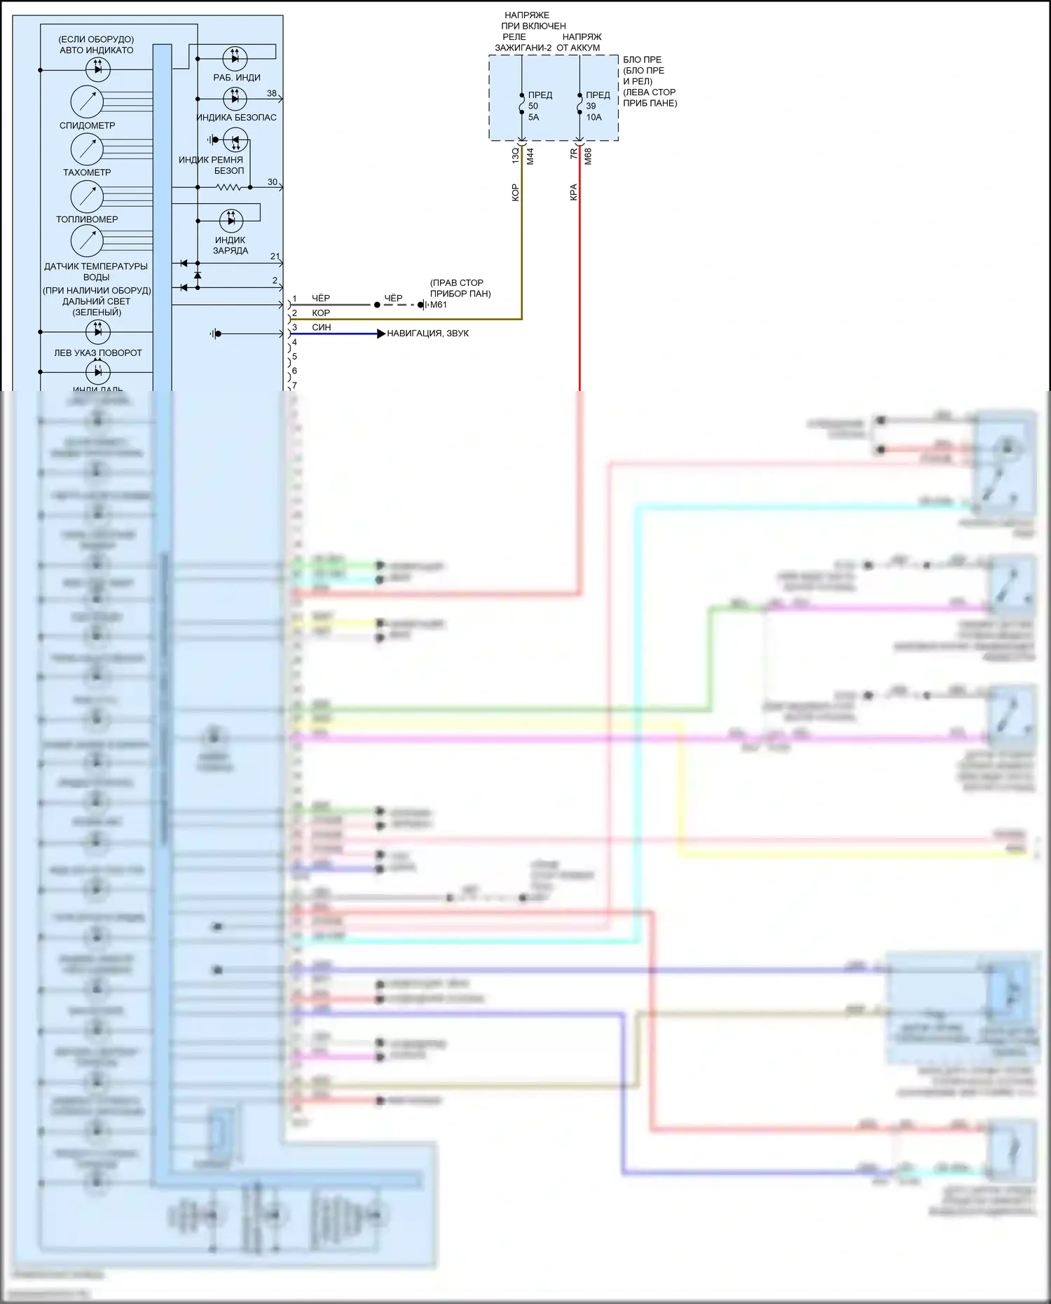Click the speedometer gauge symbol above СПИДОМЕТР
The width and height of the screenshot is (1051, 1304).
pyautogui.click(x=87, y=102)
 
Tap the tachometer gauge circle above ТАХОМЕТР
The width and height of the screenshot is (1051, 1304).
pyautogui.click(x=87, y=149)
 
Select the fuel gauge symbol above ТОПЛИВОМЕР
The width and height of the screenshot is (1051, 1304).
pyautogui.click(x=87, y=196)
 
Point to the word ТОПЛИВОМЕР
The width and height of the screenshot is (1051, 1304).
pyautogui.click(x=87, y=219)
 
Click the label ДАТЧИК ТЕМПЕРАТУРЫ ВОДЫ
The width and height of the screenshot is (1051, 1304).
pyautogui.click(x=96, y=271)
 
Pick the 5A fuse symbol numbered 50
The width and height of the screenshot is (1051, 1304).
pyautogui.click(x=522, y=104)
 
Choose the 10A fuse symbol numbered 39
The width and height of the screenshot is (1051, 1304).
pyautogui.click(x=579, y=104)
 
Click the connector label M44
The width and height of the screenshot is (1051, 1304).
pyautogui.click(x=530, y=156)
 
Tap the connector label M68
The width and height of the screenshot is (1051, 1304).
pyautogui.click(x=588, y=156)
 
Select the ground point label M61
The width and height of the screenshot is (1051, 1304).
pyautogui.click(x=439, y=305)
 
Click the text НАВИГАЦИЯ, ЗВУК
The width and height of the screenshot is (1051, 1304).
pyautogui.click(x=427, y=334)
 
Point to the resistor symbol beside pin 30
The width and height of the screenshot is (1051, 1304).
pyautogui.click(x=228, y=187)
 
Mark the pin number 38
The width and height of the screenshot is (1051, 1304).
pyautogui.click(x=272, y=93)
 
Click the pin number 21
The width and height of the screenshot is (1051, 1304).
pyautogui.click(x=275, y=256)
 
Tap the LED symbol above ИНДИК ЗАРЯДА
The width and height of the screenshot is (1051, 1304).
pyautogui.click(x=231, y=221)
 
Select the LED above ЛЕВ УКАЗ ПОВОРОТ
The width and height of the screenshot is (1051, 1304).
pyautogui.click(x=97, y=331)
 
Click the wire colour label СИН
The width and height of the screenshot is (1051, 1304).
pyautogui.click(x=322, y=327)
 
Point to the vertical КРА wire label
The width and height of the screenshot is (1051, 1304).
pyautogui.click(x=573, y=192)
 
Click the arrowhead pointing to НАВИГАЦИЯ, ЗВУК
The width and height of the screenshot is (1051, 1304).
pyautogui.click(x=381, y=334)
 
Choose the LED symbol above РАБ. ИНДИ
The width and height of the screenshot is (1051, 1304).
pyautogui.click(x=235, y=57)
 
